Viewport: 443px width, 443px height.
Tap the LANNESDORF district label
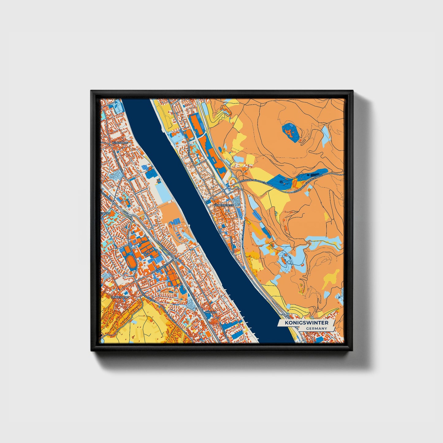[x=119, y=297]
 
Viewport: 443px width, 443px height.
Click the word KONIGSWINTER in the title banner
[x=306, y=323]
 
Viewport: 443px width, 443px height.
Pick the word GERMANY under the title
[x=316, y=328]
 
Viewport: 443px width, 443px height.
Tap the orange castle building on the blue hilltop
[x=289, y=132]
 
